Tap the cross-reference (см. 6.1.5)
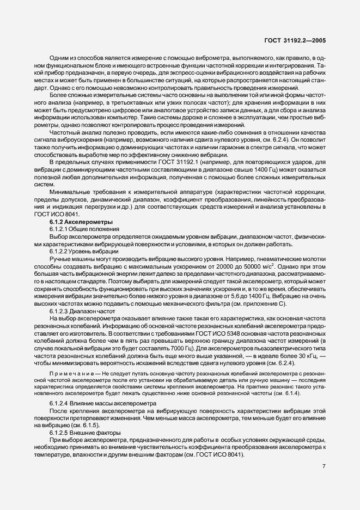pyautogui.click(x=88, y=425)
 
